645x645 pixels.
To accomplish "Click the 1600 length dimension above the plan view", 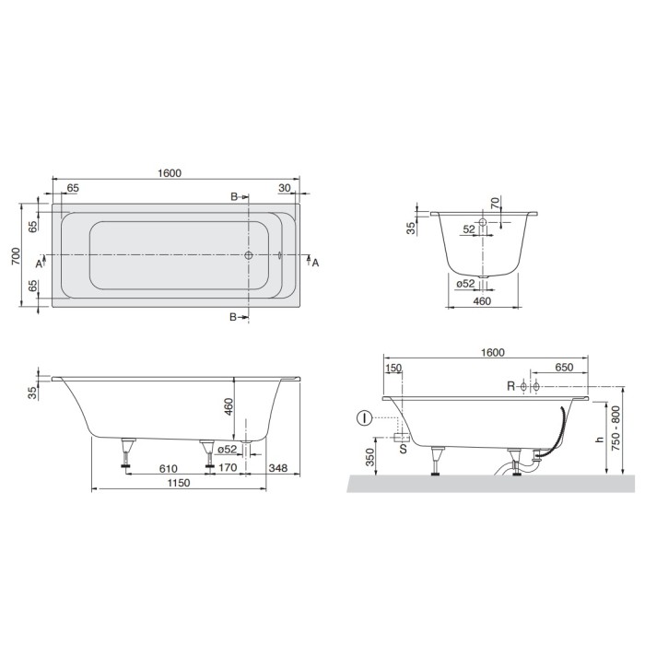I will click(x=170, y=172).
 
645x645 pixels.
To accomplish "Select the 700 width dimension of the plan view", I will click(x=17, y=256).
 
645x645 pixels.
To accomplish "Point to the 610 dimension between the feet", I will click(x=168, y=469).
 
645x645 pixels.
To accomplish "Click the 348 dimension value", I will click(x=278, y=469).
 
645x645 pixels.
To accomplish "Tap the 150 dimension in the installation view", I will click(x=394, y=369).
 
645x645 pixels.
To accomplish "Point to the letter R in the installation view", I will click(x=510, y=385).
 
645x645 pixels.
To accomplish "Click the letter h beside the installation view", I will click(x=600, y=440).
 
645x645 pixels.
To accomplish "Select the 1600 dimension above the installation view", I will click(x=493, y=353).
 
